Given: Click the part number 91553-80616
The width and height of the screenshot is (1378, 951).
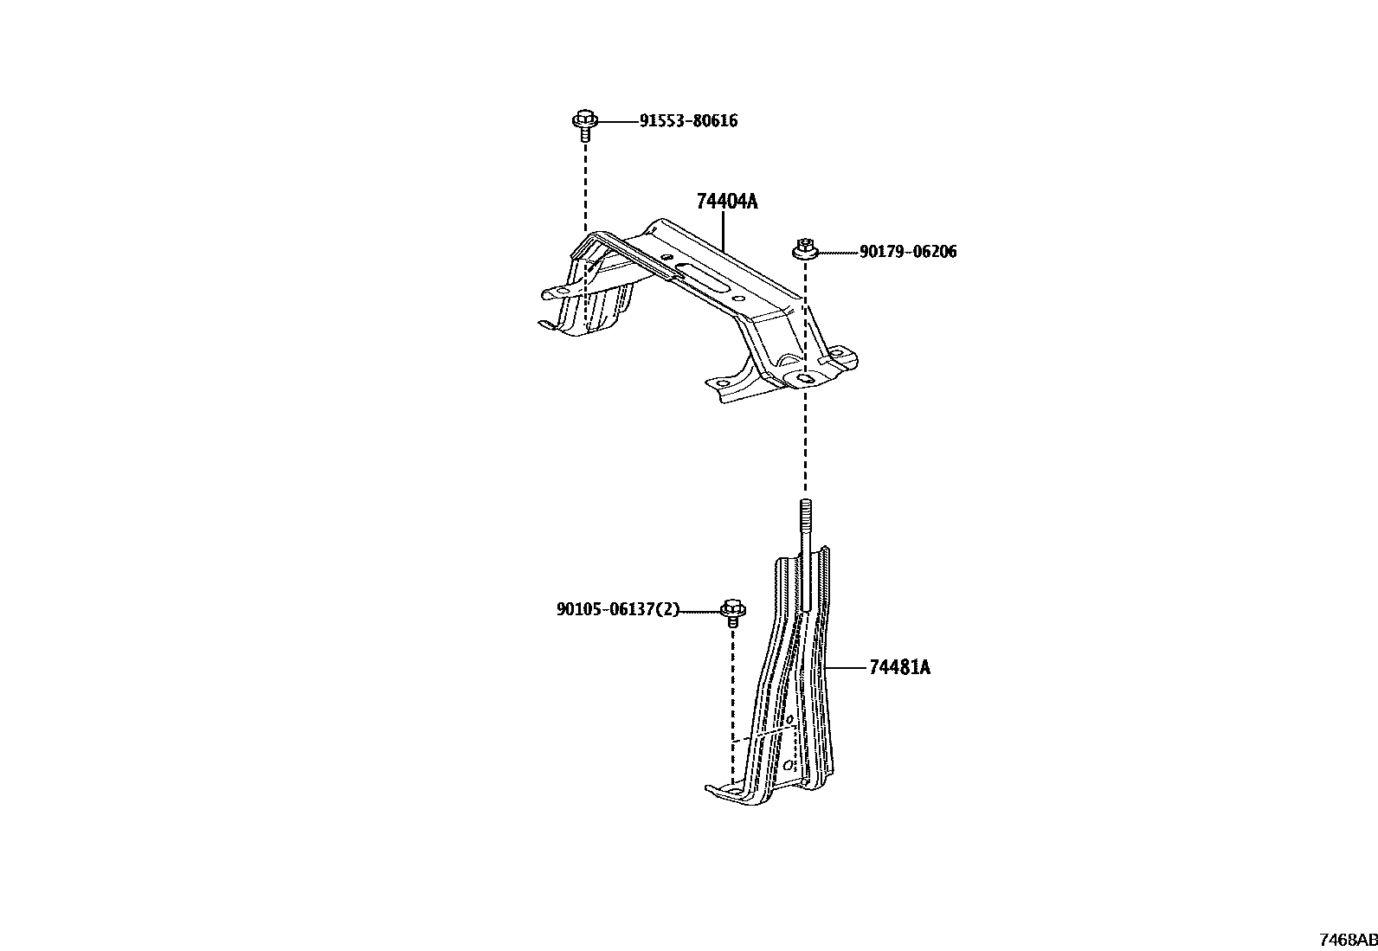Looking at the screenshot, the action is pos(688,121).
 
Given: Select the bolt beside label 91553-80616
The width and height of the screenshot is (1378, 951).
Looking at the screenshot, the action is pos(583,124).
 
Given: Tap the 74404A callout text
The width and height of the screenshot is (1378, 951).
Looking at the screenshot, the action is pos(726,202).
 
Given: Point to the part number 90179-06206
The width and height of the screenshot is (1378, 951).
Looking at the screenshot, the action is pos(908,252).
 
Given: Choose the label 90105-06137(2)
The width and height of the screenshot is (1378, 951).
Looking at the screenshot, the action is pos(618,610).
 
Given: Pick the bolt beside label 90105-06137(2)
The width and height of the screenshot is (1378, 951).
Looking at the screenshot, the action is pos(733,612).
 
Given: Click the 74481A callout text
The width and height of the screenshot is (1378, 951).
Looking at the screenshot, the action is pos(899,667).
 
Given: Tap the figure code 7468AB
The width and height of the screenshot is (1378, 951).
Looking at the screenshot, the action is pos(1348,940).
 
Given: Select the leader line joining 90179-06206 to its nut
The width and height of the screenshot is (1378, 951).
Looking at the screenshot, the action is pos(837,252).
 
